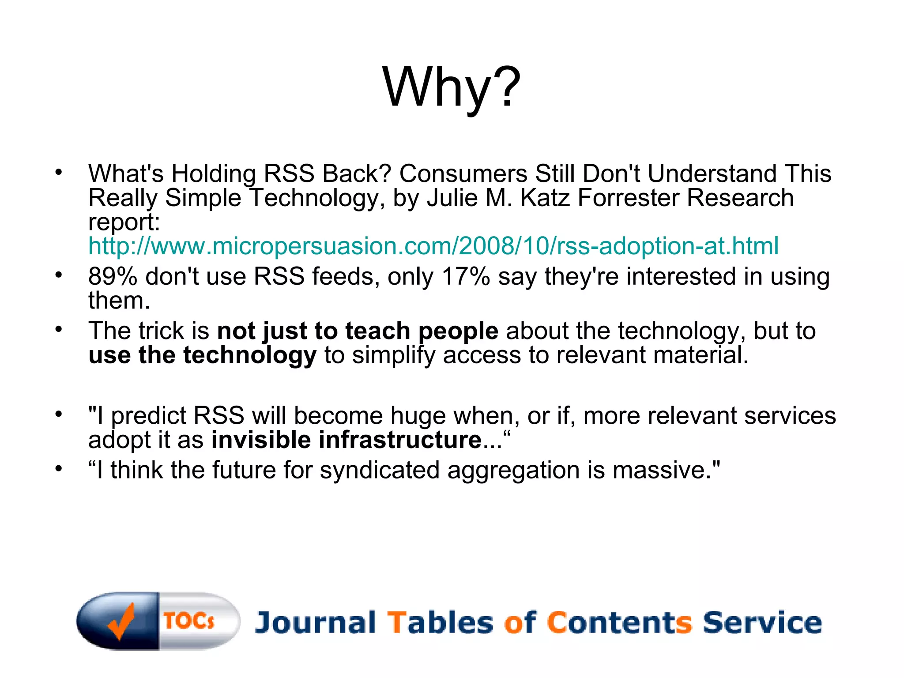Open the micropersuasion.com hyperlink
pos(433,246)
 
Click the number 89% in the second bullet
pos(113,277)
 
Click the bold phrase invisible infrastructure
pos(346,440)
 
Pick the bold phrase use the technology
pos(202,355)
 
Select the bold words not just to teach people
pos(358,331)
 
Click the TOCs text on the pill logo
pos(189,621)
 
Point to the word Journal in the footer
pos(315,623)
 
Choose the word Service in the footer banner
pos(762,623)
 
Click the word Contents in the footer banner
pos(619,623)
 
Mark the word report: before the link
pos(124,222)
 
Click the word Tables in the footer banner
pos(440,623)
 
